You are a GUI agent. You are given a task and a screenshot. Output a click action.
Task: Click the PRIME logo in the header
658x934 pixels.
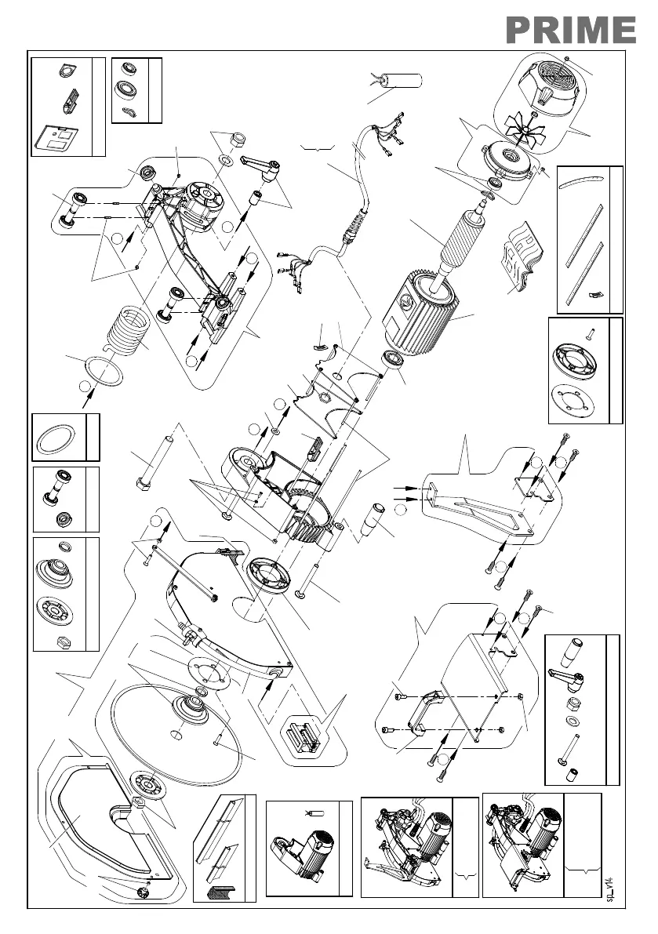[x=569, y=30]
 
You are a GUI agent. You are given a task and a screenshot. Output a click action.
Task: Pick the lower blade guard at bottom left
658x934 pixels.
[x=94, y=823]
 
